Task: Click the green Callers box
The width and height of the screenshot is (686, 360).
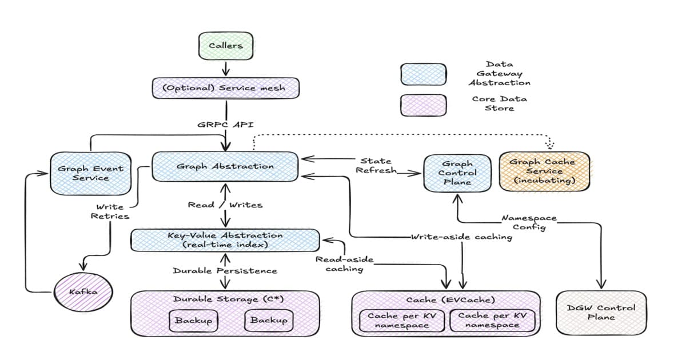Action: coord(225,46)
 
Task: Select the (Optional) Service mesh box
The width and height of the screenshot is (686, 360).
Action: coord(226,89)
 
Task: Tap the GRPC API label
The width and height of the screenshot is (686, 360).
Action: coord(226,124)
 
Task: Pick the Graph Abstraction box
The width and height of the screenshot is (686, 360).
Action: coord(225,166)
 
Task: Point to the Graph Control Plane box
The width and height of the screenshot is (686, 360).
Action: coord(457,173)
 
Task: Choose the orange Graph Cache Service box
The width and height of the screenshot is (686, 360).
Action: coord(544,171)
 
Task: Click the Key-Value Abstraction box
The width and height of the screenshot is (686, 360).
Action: coord(225,240)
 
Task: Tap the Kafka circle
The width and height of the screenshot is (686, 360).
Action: coord(84,292)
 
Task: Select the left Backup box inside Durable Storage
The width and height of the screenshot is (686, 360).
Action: coord(193,321)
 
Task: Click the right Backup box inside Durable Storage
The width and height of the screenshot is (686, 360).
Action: coord(269,321)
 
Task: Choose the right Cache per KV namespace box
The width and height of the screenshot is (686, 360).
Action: coord(492,320)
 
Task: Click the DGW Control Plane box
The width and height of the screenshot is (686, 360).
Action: coord(601,312)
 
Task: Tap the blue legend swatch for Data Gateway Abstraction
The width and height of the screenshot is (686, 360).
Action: coord(424,74)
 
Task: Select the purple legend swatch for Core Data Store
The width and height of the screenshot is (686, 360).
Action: coord(424,105)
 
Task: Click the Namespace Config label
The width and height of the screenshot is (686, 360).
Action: coord(529,222)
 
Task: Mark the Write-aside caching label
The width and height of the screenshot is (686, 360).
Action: coord(461,237)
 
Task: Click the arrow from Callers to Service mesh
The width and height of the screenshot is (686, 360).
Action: coord(225,68)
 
